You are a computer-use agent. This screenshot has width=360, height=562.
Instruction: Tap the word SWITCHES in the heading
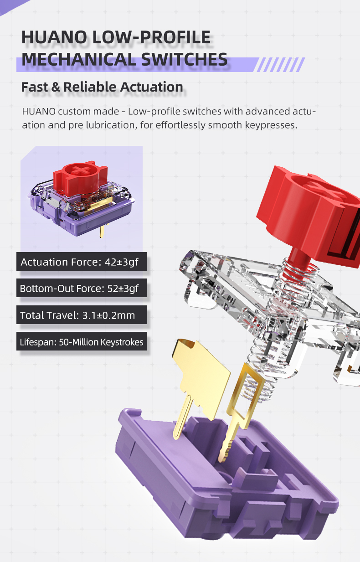[185, 59]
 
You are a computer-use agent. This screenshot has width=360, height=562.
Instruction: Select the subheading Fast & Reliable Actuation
[102, 87]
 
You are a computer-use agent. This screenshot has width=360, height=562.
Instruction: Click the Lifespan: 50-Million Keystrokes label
[82, 341]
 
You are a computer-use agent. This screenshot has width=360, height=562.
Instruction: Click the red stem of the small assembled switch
[81, 178]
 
